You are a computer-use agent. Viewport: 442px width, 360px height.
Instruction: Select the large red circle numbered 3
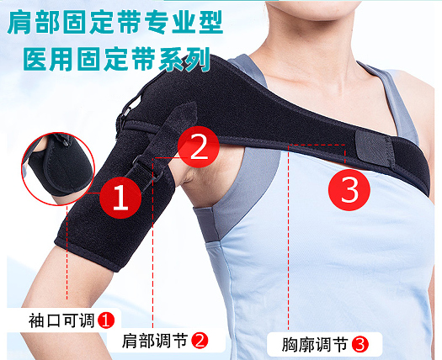349,189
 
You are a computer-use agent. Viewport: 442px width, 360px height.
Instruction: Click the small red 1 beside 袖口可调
105,320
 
